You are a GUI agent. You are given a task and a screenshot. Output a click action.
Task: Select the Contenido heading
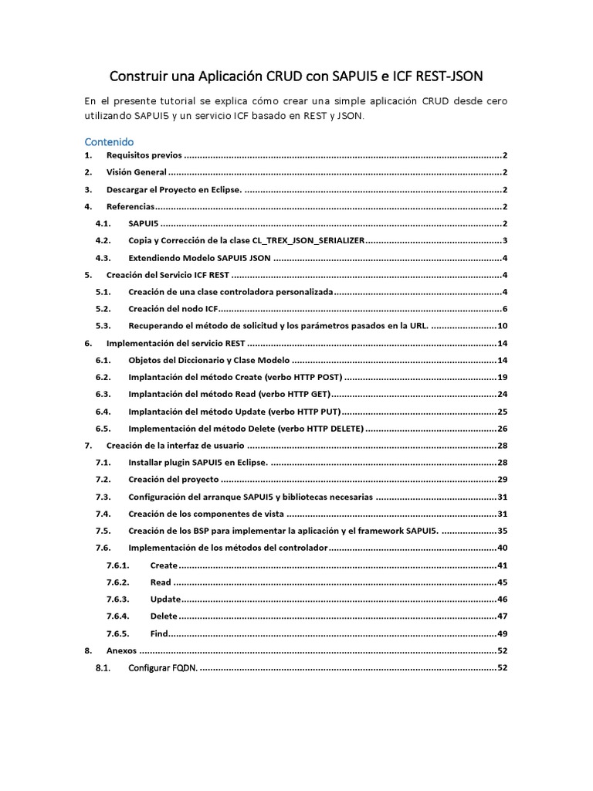[x=109, y=142]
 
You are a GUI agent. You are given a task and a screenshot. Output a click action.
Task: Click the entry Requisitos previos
[x=144, y=155]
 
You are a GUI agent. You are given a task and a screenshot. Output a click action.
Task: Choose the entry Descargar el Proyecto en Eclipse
[x=174, y=189]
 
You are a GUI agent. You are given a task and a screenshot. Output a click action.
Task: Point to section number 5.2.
[x=103, y=309]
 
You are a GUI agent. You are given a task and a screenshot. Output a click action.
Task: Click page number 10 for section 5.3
[x=502, y=326]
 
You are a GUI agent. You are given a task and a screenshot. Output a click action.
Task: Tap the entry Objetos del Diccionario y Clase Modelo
[x=208, y=361]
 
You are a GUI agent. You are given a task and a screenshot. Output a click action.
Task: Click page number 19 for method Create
[x=502, y=378]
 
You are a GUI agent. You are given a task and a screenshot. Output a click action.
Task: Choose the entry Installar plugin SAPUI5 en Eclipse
[x=198, y=463]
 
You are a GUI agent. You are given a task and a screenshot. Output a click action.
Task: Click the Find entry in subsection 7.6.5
[x=159, y=633]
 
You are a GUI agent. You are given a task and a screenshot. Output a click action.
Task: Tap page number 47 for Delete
[x=502, y=616]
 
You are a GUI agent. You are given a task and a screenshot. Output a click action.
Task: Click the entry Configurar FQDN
[x=163, y=667]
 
